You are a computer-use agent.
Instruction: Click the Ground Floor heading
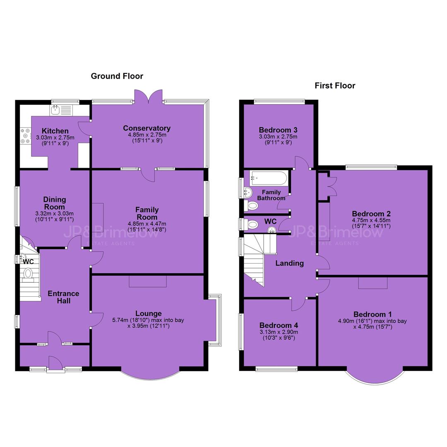tap(117, 76)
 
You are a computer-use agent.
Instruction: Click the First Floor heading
tap(335, 86)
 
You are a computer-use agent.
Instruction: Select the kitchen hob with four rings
tap(25, 136)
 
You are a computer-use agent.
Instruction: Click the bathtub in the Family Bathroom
tap(269, 178)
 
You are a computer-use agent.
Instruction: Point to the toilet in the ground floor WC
tap(28, 274)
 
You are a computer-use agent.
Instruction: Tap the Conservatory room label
tap(147, 128)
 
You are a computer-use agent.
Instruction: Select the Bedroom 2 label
tap(371, 214)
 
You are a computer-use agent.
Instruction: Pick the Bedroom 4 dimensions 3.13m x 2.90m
tap(279, 332)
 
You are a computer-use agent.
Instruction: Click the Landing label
tap(289, 263)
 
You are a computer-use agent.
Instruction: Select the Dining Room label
tap(55, 203)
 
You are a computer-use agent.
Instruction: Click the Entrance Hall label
tap(63, 297)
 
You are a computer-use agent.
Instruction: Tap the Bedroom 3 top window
tap(279, 101)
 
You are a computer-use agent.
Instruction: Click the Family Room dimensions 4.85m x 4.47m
tap(147, 224)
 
